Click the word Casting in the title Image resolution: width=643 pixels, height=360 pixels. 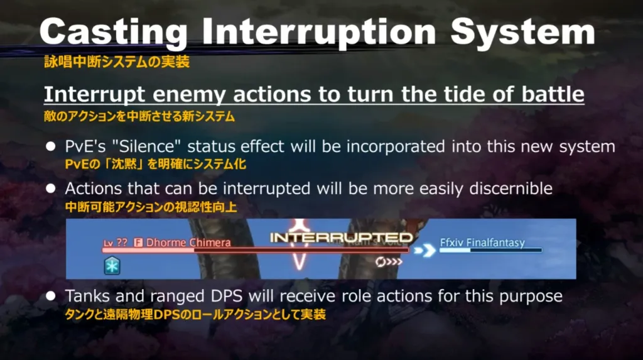pos(114,33)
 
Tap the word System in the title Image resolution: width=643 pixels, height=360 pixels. pos(523,33)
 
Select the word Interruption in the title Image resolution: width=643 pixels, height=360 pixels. pos(319,33)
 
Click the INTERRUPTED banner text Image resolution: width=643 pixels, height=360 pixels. pos(341,237)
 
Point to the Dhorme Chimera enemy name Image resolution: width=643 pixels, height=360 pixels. pos(188,243)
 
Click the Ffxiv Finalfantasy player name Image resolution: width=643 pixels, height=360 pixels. pos(482,243)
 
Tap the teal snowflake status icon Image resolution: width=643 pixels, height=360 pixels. pos(112,266)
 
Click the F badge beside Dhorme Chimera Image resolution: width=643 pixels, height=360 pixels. pos(138,243)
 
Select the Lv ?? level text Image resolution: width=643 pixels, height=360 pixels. pos(116,243)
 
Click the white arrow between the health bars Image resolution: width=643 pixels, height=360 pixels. pos(424,250)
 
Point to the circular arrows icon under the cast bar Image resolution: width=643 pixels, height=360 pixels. pos(389,262)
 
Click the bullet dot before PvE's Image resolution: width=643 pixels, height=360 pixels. pos(51,146)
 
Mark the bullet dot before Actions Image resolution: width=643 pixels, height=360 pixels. pos(51,189)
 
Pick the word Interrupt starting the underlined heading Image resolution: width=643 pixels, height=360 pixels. pos(94,95)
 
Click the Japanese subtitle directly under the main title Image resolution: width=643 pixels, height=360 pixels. pos(117,62)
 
